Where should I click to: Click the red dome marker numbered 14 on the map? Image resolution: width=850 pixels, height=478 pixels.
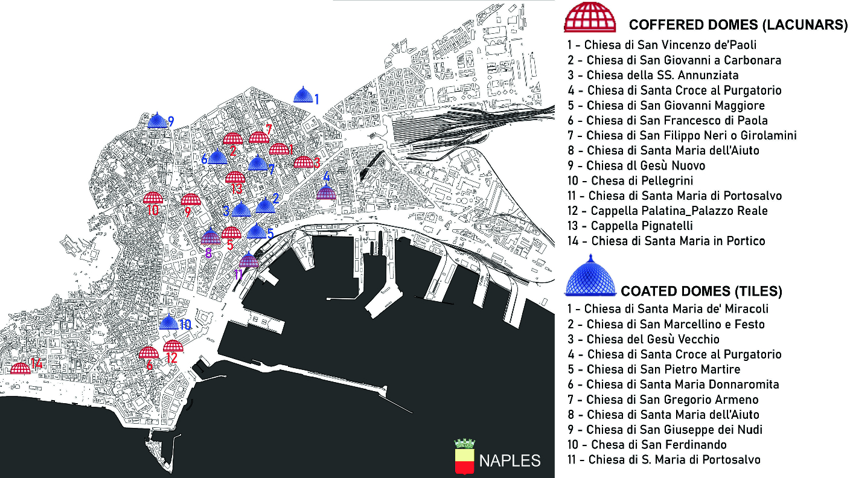(21, 368)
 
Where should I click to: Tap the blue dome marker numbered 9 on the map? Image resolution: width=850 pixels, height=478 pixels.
(158, 120)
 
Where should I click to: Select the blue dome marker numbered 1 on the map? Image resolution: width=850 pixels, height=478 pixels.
(303, 95)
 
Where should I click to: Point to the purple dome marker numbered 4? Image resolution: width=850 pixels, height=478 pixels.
(326, 192)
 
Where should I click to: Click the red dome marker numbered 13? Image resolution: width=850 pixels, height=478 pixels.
(235, 177)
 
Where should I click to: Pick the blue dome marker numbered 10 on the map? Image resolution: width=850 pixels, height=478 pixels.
(169, 322)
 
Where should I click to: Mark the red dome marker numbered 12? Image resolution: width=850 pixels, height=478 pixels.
(173, 346)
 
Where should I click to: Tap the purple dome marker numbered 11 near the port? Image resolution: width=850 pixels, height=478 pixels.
(249, 261)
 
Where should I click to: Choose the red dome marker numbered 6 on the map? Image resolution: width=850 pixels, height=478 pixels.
(149, 353)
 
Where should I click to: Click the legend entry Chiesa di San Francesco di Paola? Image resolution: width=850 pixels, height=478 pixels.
(667, 121)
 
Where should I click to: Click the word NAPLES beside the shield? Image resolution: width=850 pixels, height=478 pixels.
(510, 461)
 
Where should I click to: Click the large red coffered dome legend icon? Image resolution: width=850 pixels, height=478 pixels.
(590, 16)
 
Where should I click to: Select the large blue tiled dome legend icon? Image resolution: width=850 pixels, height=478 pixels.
(590, 277)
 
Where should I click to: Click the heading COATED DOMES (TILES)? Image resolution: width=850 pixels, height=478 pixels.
(701, 292)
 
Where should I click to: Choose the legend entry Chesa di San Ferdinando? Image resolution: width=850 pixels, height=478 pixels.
(646, 445)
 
